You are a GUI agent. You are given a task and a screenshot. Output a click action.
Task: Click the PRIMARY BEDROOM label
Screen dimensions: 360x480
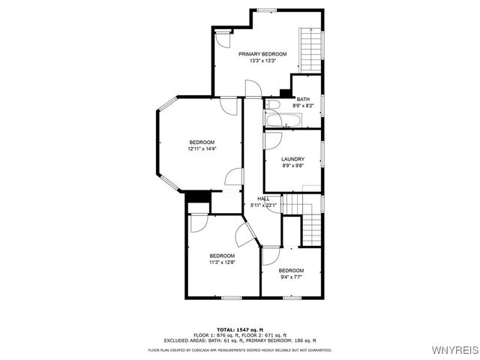[x=262, y=55]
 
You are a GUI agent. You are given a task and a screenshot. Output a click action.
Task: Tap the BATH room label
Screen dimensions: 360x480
[x=303, y=100]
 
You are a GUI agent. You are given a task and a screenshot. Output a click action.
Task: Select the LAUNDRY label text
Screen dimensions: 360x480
[x=292, y=159]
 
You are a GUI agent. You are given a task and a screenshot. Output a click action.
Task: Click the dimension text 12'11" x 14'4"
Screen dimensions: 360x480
[x=202, y=149]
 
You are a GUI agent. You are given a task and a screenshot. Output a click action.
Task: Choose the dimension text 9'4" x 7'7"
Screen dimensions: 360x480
[x=291, y=277]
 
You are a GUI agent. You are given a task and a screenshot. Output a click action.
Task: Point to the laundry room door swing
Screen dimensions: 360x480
[x=272, y=140]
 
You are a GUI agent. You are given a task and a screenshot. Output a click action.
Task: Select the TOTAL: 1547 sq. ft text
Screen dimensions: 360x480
[x=239, y=329]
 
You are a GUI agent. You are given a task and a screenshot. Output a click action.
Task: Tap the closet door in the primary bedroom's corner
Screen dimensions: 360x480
[x=223, y=39]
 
